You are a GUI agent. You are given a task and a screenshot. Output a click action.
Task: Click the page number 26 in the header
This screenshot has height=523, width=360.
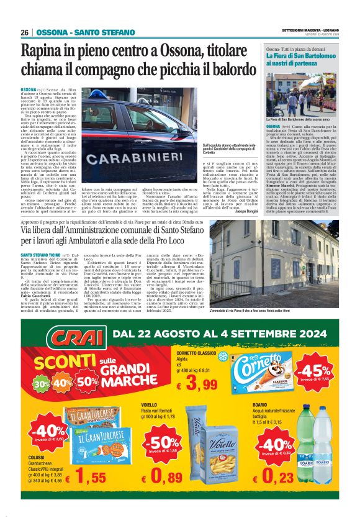(24, 32)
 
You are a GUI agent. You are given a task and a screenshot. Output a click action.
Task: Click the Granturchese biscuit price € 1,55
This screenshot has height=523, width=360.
(81, 477)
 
